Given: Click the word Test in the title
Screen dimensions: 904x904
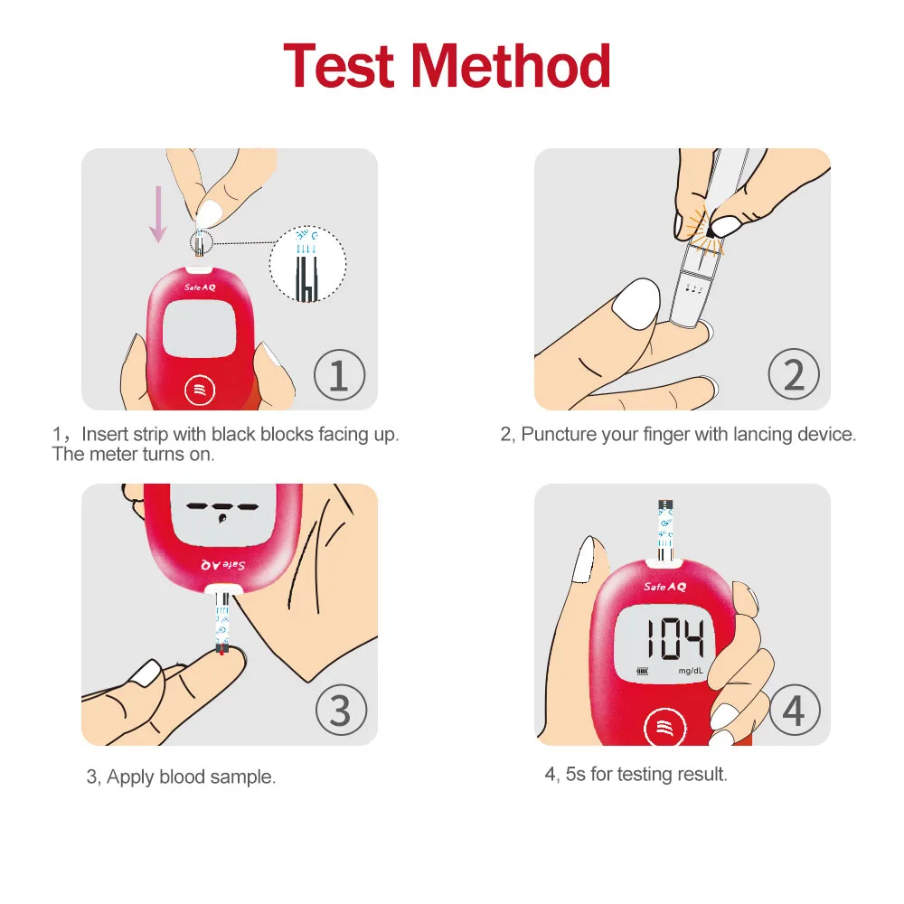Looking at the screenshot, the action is (338, 66).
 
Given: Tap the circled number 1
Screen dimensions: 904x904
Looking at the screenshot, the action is (340, 375).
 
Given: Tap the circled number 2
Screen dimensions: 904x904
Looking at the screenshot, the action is (794, 375).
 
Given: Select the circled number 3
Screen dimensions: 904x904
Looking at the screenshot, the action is (342, 710).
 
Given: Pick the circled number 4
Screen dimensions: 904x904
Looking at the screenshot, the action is (795, 710).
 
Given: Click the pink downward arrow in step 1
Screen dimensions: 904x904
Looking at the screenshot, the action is (158, 214).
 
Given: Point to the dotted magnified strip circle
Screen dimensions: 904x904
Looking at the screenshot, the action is (307, 263).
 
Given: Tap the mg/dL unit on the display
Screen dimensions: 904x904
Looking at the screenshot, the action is (690, 671).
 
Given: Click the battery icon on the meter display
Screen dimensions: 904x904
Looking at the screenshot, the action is (642, 671).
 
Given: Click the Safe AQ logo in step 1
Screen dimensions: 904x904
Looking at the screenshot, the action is (200, 287).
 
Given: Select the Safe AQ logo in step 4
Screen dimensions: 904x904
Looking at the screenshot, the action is (664, 587).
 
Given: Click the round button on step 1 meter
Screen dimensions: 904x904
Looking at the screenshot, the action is (200, 391).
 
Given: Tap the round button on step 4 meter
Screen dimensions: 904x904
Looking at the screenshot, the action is (664, 729).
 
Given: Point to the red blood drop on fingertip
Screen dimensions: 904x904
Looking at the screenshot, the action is (222, 653).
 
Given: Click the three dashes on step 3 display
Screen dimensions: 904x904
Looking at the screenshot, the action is (222, 507).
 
